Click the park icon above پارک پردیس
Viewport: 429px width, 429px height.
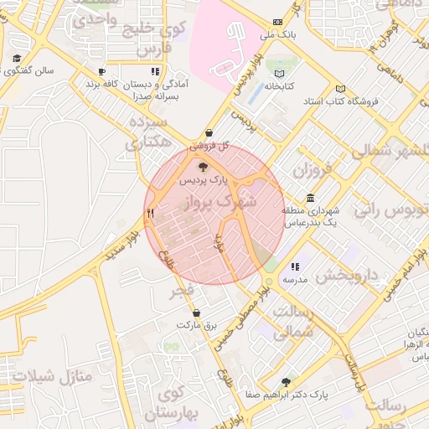[x=203, y=167]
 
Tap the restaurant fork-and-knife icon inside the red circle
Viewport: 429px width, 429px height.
[x=151, y=213]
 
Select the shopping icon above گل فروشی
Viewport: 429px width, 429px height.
[x=209, y=133]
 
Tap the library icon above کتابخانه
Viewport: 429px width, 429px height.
[x=279, y=73]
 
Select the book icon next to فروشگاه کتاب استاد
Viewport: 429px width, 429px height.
[x=339, y=88]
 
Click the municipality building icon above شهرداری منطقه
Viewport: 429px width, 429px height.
[x=311, y=198]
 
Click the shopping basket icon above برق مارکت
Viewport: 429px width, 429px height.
[x=196, y=313]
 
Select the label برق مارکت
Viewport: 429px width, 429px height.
[x=196, y=325]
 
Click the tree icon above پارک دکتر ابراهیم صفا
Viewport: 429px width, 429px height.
[x=287, y=381]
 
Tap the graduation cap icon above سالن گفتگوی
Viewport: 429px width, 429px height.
[x=17, y=59]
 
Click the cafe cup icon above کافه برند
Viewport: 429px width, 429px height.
[x=102, y=73]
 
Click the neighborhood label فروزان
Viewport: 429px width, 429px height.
[x=313, y=172]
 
